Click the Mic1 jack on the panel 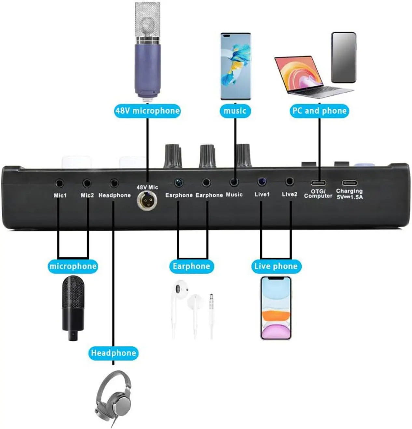click(x=60, y=184)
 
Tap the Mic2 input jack click(x=87, y=184)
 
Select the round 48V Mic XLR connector click(x=147, y=200)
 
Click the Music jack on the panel click(x=234, y=182)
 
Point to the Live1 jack click(x=262, y=182)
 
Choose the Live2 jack click(x=289, y=181)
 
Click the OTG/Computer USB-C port click(x=318, y=182)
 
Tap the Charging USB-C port click(x=349, y=183)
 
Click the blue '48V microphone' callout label click(x=147, y=111)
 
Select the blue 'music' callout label click(x=235, y=111)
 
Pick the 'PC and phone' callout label click(x=319, y=111)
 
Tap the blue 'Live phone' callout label click(x=276, y=266)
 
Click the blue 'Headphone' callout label click(x=113, y=353)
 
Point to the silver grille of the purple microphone click(x=148, y=21)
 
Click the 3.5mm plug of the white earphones click(x=211, y=302)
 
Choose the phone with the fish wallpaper click(x=236, y=66)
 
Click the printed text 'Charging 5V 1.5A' click(x=350, y=194)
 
